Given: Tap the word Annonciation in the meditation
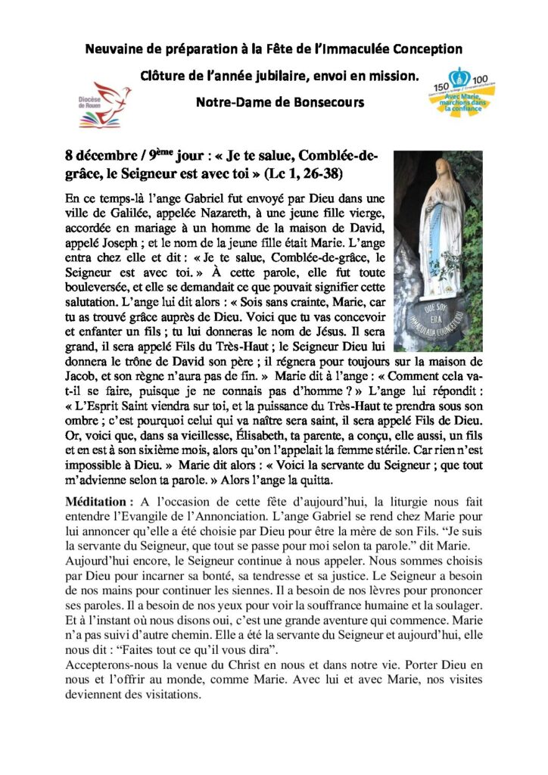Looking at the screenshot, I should [x=230, y=518].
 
